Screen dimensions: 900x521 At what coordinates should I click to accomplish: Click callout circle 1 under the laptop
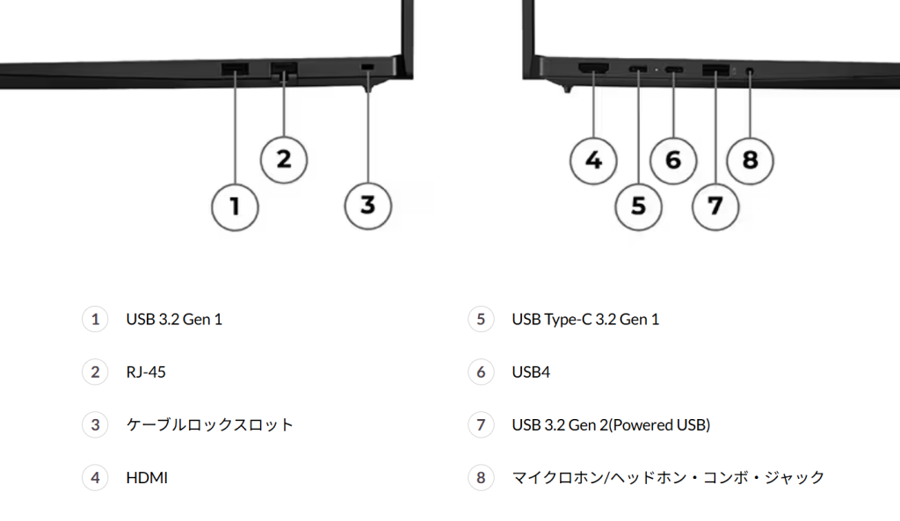235,206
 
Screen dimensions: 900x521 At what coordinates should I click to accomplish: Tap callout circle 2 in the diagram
284,160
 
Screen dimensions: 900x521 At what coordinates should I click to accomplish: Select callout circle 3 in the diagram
368,206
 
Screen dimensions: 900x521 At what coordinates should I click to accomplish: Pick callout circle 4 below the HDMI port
593,161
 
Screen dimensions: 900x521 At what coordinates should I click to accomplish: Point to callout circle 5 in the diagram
638,206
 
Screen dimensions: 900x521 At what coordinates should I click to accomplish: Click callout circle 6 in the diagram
673,161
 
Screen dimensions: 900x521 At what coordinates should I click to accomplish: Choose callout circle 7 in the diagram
715,206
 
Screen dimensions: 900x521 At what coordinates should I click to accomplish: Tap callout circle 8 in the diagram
751,161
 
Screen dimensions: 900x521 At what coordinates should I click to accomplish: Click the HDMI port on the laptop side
593,69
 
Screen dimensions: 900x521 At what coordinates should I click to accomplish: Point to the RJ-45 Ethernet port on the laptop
284,69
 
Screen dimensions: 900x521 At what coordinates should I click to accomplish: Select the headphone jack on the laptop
750,71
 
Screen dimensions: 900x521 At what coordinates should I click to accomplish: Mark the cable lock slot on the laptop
367,68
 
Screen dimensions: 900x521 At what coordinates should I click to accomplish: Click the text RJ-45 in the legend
146,372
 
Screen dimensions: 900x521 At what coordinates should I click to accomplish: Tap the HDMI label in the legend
147,477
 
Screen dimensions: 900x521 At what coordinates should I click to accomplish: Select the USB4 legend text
531,372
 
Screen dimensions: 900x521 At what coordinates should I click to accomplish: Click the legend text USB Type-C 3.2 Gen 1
585,319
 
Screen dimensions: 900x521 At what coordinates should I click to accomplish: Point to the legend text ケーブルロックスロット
210,424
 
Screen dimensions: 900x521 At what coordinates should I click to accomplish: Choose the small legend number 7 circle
481,424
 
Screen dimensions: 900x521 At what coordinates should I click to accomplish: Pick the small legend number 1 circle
95,319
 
